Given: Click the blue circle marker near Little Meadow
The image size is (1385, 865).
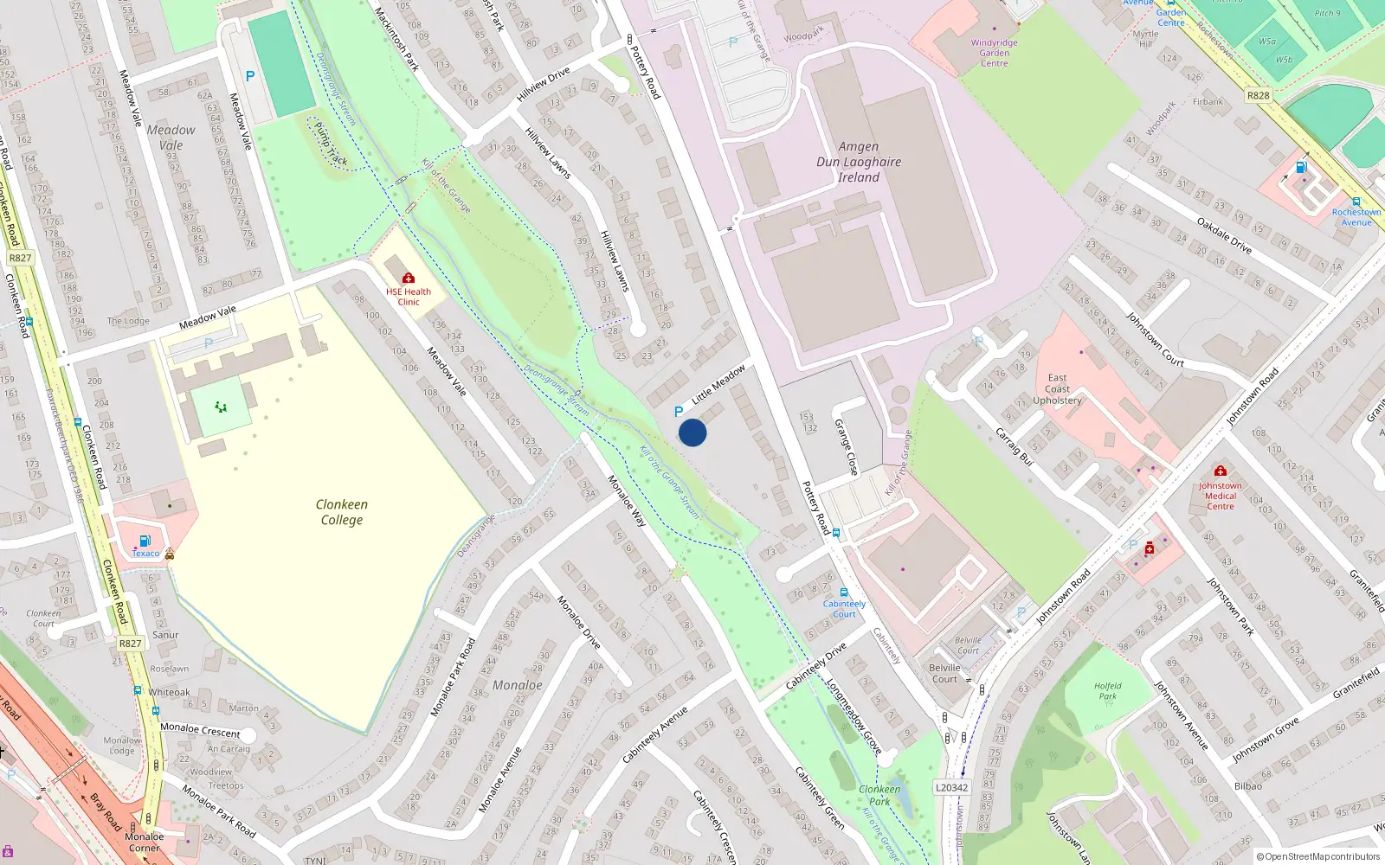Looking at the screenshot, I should click(x=692, y=432).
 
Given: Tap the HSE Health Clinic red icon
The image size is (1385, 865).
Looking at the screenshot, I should click(x=409, y=278).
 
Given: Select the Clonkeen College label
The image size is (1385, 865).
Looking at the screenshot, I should click(x=342, y=512).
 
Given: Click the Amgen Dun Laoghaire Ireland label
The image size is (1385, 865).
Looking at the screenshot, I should click(x=858, y=162).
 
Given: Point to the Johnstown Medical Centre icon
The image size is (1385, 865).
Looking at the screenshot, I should click(x=1221, y=471).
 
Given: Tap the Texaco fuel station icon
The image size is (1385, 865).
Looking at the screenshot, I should click(x=145, y=541).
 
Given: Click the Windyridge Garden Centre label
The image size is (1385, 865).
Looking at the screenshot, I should click(x=994, y=53).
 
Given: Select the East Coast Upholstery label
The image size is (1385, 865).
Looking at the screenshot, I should click(x=1057, y=389).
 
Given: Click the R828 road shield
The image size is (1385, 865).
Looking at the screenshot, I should click(x=1258, y=96).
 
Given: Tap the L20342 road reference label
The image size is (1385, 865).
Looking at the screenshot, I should click(x=952, y=788).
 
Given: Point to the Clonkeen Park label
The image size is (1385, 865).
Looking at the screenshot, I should click(x=879, y=795).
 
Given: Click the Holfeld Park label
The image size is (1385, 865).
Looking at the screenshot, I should click(x=1107, y=691).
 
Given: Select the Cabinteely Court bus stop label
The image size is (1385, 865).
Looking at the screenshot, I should click(x=844, y=609).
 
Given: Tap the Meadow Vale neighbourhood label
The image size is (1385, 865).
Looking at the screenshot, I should click(x=171, y=138).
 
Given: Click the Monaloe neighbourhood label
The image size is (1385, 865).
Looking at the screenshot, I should click(x=517, y=685).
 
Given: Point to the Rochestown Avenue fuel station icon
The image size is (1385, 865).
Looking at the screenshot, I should click(x=1300, y=167).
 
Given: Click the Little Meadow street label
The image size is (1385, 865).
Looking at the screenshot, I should click(x=718, y=385).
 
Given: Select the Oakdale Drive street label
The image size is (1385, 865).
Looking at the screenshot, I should click(x=1224, y=235).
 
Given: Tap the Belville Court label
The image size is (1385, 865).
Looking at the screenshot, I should click(x=944, y=673).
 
